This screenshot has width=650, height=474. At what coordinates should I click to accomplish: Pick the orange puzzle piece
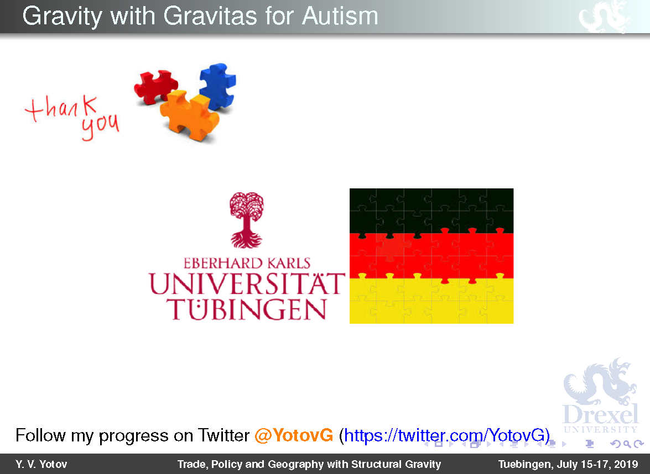click(x=189, y=115)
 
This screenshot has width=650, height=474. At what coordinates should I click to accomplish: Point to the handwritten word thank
click(x=61, y=108)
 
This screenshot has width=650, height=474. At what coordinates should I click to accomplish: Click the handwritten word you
click(x=100, y=125)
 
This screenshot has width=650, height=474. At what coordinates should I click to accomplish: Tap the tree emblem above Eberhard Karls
click(x=247, y=220)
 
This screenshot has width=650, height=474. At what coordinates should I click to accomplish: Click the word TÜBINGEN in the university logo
click(x=246, y=309)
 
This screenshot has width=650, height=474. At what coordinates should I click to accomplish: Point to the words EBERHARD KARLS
click(x=247, y=264)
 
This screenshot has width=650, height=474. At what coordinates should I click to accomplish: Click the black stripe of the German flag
click(x=431, y=210)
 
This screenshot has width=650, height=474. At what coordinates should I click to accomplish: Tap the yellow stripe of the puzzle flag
click(x=431, y=301)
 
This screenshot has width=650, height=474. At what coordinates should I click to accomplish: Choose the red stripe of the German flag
click(x=431, y=256)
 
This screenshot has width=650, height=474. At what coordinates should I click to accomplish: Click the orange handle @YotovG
click(x=294, y=435)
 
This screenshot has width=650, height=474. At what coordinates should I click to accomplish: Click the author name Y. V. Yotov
click(x=41, y=464)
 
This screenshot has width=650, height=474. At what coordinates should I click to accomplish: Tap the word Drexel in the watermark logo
click(x=600, y=414)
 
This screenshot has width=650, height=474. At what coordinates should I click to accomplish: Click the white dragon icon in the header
click(x=605, y=17)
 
